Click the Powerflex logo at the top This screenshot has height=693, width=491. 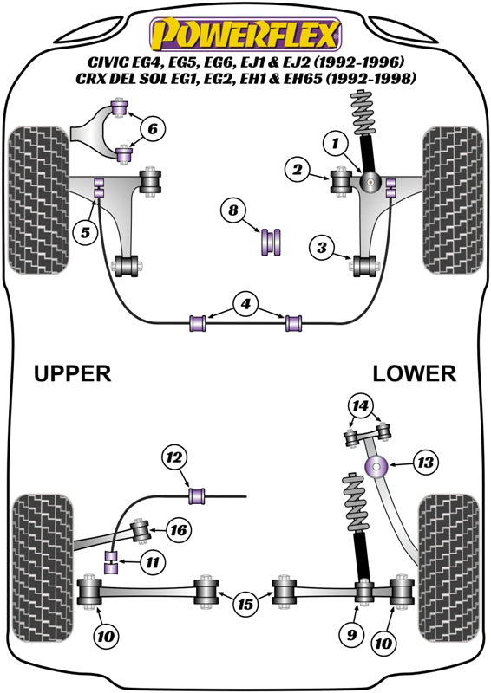click(x=245, y=35)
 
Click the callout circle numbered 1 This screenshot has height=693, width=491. click(x=335, y=143)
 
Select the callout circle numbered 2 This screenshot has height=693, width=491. click(x=298, y=169)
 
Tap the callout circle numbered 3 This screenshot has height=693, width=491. click(x=322, y=248)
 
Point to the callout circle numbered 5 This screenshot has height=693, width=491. click(x=86, y=231)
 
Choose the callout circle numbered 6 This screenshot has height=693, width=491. click(x=153, y=128)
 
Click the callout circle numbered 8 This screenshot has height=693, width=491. click(x=233, y=210)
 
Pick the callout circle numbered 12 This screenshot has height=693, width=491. click(x=174, y=457)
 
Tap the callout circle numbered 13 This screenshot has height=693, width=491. click(x=427, y=463)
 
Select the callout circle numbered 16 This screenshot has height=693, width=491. click(x=179, y=529)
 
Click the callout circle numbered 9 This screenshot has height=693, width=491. click(x=352, y=635)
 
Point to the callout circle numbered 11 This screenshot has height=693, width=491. click(x=153, y=562)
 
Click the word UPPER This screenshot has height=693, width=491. click(x=73, y=373)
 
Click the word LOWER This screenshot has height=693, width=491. click(x=414, y=373)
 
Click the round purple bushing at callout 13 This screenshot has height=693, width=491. click(x=376, y=467)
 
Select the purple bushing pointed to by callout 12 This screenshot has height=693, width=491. click(x=197, y=495)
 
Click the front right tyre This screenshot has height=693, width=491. click(x=453, y=200)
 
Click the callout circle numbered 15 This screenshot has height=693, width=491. click(x=245, y=603)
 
